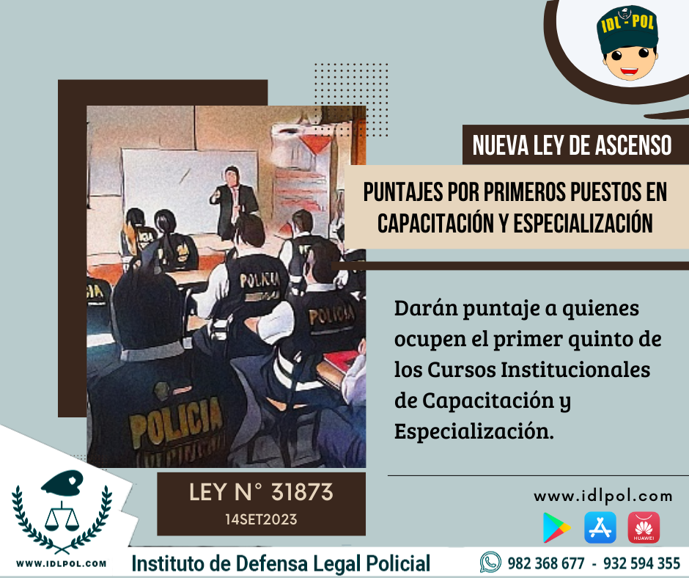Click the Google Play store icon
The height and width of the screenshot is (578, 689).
tap(556, 527)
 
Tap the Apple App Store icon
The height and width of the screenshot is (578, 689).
tap(600, 527)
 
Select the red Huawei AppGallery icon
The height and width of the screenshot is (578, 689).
tap(644, 527)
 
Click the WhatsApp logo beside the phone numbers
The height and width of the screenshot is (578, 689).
tap(490, 562)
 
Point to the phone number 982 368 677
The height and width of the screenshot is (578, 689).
tap(546, 563)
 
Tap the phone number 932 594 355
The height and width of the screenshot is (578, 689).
tap(641, 563)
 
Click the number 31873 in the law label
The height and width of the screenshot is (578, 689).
tap(302, 492)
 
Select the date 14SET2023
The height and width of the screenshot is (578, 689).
tap(261, 519)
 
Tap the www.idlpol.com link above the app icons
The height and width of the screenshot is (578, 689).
tap(603, 496)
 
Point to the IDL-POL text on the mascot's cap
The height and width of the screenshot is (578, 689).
tap(627, 23)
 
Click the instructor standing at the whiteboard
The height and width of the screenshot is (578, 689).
tap(233, 203)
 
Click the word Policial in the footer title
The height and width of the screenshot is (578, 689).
tap(398, 564)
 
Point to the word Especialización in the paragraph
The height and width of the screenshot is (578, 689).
tap(474, 431)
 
